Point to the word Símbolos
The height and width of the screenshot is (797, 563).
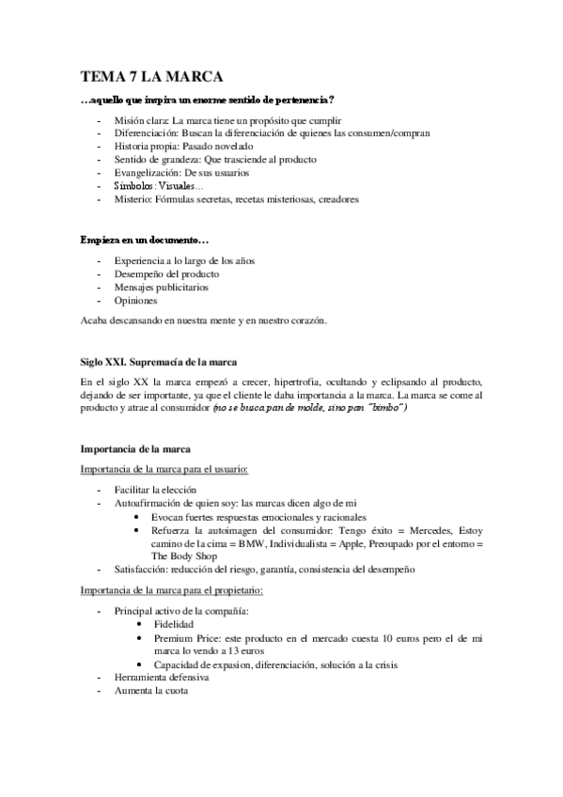(x=134, y=186)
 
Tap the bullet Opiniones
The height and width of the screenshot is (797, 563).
(x=135, y=301)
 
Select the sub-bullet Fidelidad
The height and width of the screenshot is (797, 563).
(x=175, y=623)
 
